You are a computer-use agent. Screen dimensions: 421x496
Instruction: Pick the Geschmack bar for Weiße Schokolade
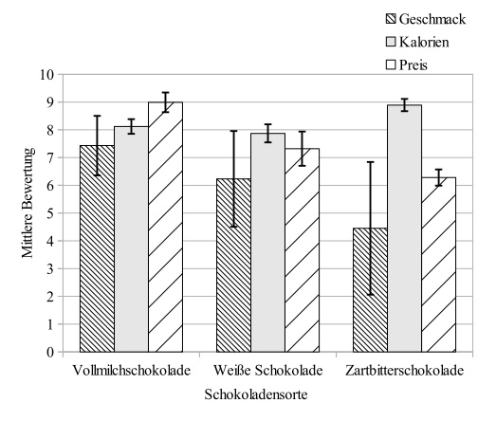234,265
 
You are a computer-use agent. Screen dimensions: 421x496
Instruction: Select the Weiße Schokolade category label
267,369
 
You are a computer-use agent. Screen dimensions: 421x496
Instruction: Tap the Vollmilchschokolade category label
131,369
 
